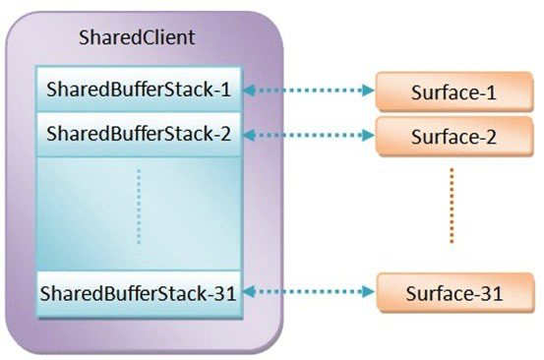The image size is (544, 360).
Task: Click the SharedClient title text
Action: (x=136, y=39)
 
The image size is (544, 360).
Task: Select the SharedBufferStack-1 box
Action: (x=138, y=90)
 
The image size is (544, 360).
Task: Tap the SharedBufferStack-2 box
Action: (x=138, y=132)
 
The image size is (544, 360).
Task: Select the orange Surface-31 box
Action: (x=451, y=293)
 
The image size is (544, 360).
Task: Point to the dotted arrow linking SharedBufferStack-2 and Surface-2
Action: (x=309, y=133)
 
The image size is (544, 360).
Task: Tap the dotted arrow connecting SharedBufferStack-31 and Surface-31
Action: (x=309, y=292)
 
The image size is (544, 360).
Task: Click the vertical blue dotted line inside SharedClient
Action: (x=139, y=208)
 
